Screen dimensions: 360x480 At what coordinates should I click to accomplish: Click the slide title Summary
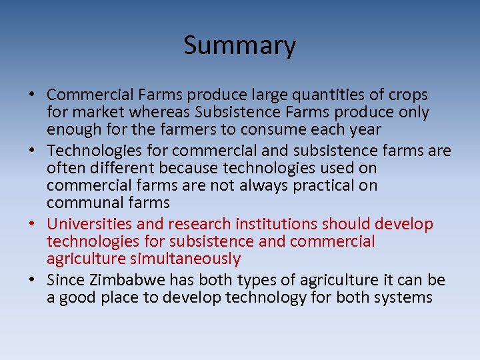click(x=239, y=45)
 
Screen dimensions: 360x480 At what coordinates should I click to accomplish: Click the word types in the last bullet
click(x=257, y=280)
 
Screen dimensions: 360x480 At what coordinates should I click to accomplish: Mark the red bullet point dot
click(x=34, y=225)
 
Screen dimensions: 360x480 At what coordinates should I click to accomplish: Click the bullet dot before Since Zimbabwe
click(x=34, y=281)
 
